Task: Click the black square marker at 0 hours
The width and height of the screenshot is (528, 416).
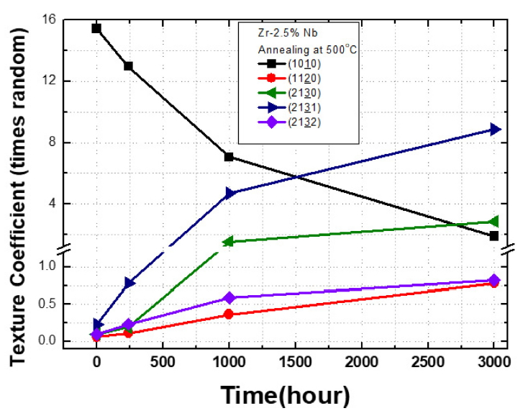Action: [x=96, y=29]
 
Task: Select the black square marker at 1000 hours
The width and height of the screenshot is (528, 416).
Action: [x=229, y=157]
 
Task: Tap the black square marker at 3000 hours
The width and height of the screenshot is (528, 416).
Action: [x=494, y=236]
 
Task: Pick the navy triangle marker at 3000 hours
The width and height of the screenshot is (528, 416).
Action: [x=494, y=130]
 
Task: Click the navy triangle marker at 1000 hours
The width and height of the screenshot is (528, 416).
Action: [x=229, y=193]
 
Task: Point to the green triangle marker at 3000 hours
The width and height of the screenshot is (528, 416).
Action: [x=493, y=222]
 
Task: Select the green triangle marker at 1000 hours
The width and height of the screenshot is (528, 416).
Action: [x=228, y=242]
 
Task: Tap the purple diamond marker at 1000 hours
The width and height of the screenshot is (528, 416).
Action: [x=229, y=298]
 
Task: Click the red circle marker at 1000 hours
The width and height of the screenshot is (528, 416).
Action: [x=229, y=315]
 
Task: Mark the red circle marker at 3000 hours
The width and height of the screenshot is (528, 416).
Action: [x=494, y=283]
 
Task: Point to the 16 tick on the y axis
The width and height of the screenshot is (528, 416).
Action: [x=49, y=19]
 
